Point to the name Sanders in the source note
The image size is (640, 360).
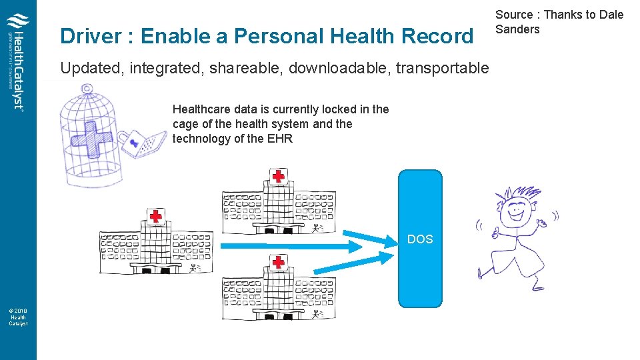click(517, 29)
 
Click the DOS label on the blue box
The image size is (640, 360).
click(420, 239)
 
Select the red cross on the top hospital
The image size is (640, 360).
click(278, 177)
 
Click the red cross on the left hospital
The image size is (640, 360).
click(155, 216)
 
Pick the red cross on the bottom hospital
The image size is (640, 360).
click(278, 262)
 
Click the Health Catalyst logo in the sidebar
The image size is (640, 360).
click(18, 61)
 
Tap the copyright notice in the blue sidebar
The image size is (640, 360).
click(18, 317)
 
